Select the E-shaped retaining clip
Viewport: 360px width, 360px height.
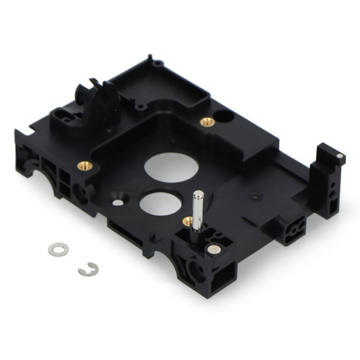tap(88, 270)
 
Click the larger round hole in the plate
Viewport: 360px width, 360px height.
tap(171, 167)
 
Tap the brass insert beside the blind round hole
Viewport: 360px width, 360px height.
tap(207, 121)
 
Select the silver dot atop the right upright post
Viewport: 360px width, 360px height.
tap(340, 156)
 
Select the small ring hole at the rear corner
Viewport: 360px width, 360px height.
tap(157, 63)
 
